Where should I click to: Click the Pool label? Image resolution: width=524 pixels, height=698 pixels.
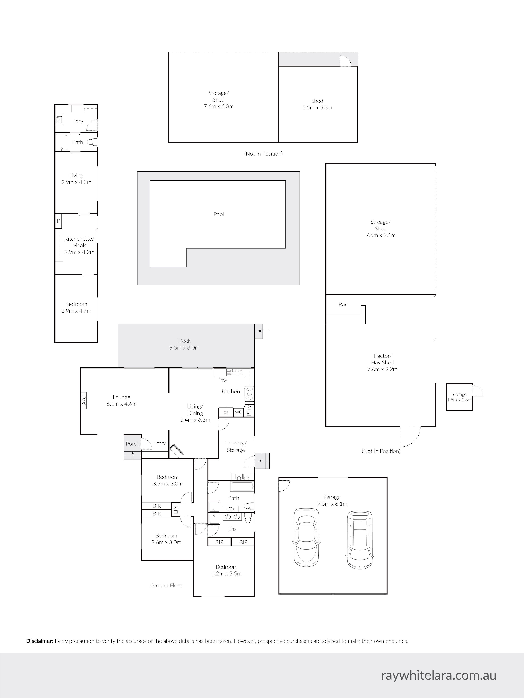coord(219,214)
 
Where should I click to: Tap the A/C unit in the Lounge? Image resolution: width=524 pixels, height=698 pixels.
coord(84,401)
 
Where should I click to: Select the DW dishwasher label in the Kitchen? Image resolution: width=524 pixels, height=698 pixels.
coord(224,381)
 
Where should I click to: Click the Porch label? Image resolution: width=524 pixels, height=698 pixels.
coord(133,444)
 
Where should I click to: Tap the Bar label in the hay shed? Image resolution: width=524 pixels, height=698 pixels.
coord(342,305)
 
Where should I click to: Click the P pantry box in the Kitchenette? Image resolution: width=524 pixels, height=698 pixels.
coord(58,221)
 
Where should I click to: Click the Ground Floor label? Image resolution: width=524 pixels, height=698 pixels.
coord(166,585)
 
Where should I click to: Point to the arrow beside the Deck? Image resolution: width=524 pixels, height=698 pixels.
coord(264,331)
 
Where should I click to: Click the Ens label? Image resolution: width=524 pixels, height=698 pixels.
coord(232,529)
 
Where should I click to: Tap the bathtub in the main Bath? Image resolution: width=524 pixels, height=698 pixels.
coord(242,486)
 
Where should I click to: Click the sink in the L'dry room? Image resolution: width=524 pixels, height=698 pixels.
coord(58,120)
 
